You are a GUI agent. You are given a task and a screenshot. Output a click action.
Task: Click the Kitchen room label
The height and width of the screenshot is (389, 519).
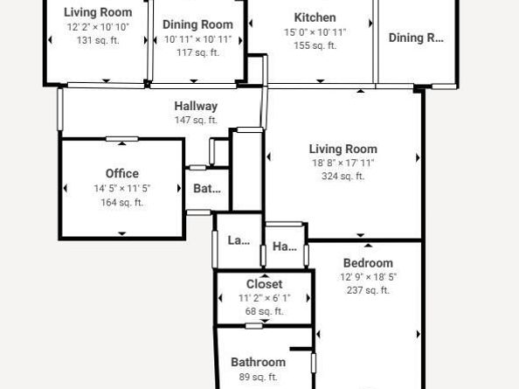click(315, 17)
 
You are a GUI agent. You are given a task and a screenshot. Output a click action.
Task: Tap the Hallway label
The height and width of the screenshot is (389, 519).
click(196, 106)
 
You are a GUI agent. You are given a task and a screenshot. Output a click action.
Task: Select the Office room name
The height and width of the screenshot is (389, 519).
click(122, 173)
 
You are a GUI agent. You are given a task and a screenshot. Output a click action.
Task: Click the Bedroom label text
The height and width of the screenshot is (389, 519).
click(368, 262)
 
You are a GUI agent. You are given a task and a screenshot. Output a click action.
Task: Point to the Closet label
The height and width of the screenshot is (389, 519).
click(264, 284)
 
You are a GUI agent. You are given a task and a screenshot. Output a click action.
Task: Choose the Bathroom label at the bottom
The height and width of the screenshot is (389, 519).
click(258, 362)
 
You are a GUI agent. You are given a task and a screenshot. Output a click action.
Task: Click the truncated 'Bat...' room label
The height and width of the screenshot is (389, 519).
click(207, 188)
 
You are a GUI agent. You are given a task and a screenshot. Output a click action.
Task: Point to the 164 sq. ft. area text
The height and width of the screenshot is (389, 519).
click(122, 202)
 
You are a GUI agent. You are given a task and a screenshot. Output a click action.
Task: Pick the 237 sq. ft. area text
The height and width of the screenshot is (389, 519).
click(368, 290)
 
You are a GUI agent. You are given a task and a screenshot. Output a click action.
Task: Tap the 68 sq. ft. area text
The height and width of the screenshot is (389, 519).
click(264, 311)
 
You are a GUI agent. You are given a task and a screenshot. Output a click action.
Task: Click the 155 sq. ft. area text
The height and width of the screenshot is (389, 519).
click(315, 45)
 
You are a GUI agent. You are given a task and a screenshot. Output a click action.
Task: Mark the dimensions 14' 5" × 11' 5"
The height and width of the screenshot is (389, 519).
click(122, 188)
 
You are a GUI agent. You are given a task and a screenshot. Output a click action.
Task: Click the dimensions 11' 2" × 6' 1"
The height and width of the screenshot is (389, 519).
click(264, 298)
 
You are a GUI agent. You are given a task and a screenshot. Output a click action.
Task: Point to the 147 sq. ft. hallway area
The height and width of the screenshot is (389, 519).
click(196, 121)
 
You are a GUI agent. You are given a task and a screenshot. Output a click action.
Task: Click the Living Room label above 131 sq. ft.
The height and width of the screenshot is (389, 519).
click(99, 12)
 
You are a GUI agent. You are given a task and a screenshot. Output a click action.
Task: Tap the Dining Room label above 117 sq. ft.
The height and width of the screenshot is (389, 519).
click(198, 24)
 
